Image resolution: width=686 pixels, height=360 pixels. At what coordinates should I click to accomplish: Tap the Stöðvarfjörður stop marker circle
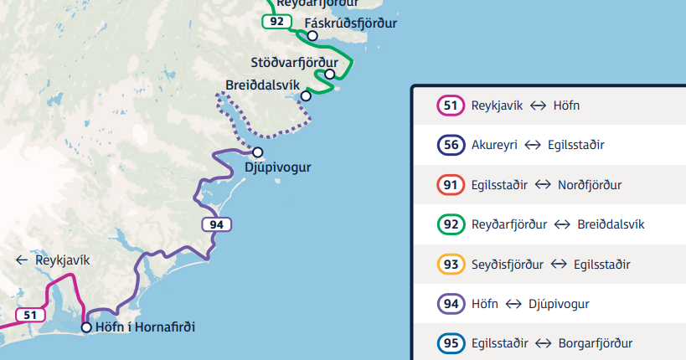pyautogui.click(x=330, y=74)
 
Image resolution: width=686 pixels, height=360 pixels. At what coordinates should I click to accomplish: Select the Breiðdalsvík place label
pyautogui.click(x=262, y=85)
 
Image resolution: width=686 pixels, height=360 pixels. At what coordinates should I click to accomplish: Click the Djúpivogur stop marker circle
pyautogui.click(x=258, y=152)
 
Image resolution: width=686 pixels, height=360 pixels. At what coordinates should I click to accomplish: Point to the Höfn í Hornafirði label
pyautogui.click(x=145, y=327)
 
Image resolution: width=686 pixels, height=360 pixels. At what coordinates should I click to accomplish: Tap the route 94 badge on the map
pyautogui.click(x=216, y=224)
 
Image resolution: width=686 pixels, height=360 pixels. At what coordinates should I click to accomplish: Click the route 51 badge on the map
pyautogui.click(x=30, y=315)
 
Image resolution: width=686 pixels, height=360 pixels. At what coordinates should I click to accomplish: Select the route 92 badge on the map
pyautogui.click(x=276, y=21)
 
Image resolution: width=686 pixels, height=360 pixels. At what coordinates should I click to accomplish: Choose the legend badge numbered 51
pyautogui.click(x=451, y=105)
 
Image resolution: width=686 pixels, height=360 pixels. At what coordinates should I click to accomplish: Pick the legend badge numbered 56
pyautogui.click(x=451, y=145)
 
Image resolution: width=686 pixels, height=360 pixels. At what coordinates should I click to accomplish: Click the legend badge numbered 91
pyautogui.click(x=451, y=184)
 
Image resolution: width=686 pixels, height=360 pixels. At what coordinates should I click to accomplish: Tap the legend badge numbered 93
pyautogui.click(x=451, y=265)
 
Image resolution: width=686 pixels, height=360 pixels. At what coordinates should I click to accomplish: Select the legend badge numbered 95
pyautogui.click(x=451, y=343)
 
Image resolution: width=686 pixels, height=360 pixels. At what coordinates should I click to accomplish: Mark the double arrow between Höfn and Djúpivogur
pyautogui.click(x=513, y=304)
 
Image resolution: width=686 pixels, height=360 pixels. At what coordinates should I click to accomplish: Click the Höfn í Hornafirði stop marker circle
pyautogui.click(x=86, y=327)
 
